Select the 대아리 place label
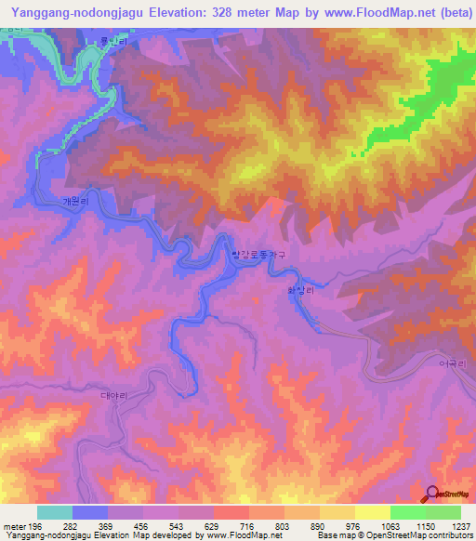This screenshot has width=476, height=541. click(x=112, y=394)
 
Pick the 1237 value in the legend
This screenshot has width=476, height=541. click(x=458, y=525)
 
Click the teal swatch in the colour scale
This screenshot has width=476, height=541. click(x=55, y=512)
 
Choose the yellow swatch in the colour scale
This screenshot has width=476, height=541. click(x=373, y=512)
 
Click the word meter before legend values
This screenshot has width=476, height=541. click(x=16, y=525)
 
